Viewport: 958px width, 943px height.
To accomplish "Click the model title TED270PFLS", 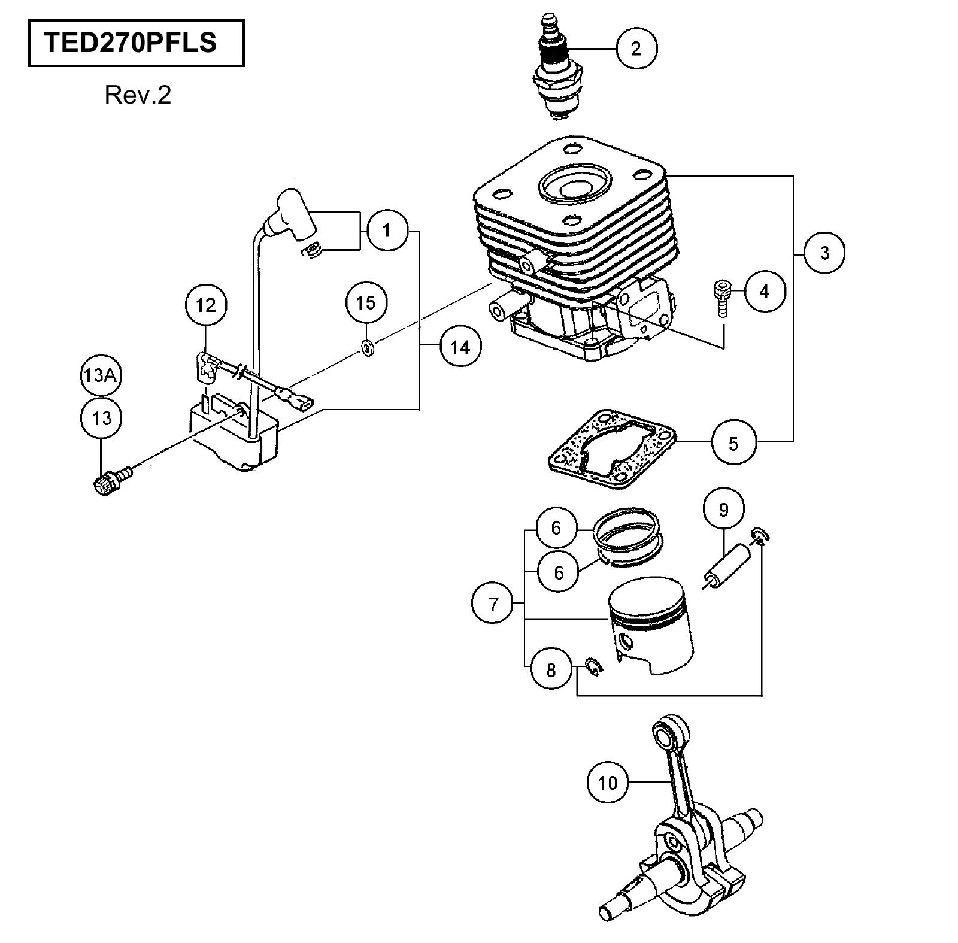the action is (130, 43).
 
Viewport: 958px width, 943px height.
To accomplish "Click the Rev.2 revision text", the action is (138, 95).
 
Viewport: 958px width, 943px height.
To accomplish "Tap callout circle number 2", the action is (636, 48).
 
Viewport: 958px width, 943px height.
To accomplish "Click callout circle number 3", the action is (824, 253).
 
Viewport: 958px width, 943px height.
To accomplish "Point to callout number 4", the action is (764, 291).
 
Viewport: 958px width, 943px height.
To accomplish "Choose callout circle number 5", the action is (733, 444).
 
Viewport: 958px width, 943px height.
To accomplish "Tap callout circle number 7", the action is (493, 604).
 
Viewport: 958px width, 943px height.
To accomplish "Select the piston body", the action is (650, 626).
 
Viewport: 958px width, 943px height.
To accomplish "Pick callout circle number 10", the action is (607, 782).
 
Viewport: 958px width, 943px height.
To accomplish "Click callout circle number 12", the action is (205, 305).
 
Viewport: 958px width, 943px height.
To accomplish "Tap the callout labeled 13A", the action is (101, 375).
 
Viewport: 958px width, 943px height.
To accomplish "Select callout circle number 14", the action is (460, 347).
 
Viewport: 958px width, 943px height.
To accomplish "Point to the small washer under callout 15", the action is (366, 346).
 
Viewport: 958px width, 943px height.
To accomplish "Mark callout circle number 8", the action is (551, 670).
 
